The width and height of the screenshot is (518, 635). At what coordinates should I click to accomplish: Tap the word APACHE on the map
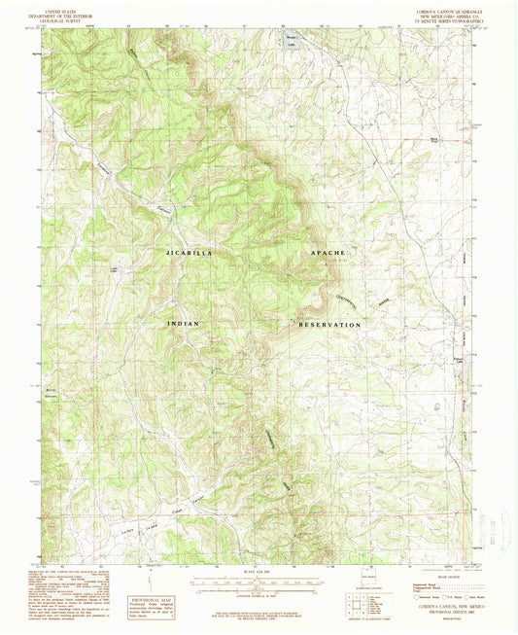[x=328, y=253]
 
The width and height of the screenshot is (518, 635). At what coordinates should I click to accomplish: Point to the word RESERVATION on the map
[x=326, y=323]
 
